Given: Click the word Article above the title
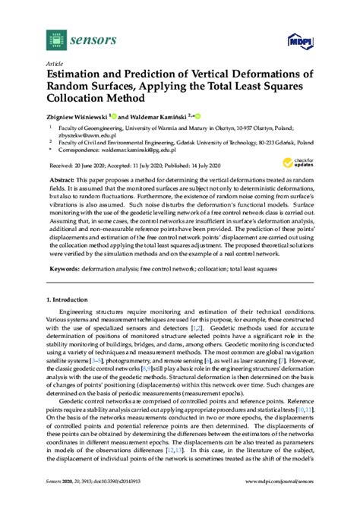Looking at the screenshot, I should pos(55,63).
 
